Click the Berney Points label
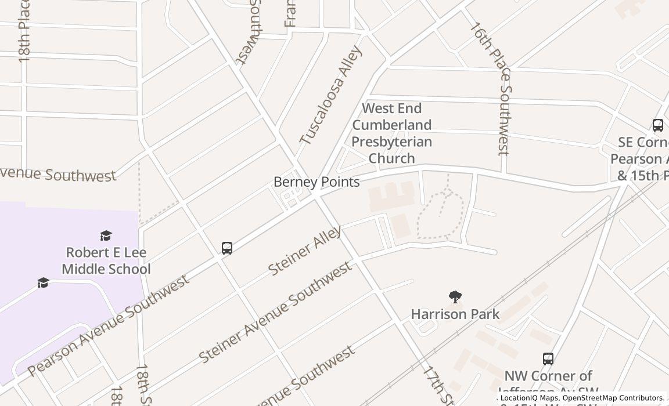point(316,182)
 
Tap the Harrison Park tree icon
point(455,298)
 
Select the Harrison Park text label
point(455,314)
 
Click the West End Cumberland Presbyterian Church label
point(392,133)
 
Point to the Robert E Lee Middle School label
point(106,261)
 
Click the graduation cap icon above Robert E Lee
point(106,235)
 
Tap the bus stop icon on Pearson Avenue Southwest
point(227,248)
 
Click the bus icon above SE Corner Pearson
point(657,125)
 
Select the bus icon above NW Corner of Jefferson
point(548,359)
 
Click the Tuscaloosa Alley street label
point(332,95)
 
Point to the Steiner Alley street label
point(305,251)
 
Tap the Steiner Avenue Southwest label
point(275,312)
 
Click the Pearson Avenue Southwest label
point(108,325)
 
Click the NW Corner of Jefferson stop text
point(548,383)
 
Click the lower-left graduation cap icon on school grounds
point(43,282)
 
